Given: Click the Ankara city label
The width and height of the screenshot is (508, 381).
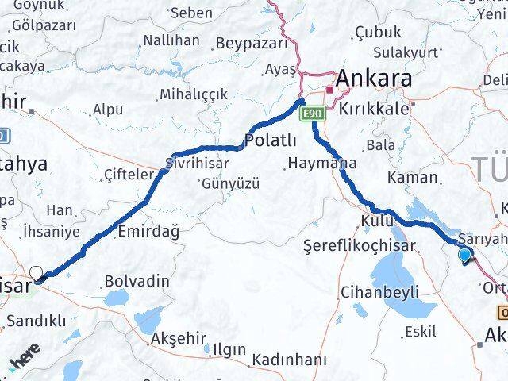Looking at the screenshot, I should [x=375, y=78].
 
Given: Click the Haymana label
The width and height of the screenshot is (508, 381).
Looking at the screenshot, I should [x=321, y=164].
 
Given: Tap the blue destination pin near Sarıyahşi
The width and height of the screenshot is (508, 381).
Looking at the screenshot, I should [x=465, y=255].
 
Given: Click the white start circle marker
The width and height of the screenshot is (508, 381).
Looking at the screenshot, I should [x=36, y=274].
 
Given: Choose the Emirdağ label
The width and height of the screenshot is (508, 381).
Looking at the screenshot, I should [x=147, y=232].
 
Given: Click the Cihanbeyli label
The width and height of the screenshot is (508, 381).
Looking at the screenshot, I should [x=379, y=293].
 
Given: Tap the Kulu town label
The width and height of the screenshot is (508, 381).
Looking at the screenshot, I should [x=377, y=219].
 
